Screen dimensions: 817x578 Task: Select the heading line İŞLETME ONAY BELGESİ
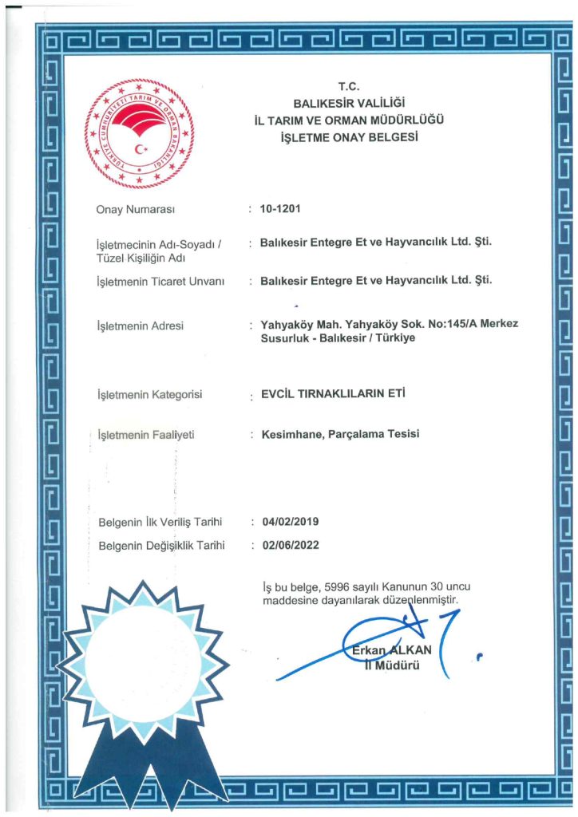[350, 137]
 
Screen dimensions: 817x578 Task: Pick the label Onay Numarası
[135, 210]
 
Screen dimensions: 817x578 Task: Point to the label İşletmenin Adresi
[140, 326]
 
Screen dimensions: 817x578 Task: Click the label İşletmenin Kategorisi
[149, 395]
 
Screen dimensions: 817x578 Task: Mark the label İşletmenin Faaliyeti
[145, 435]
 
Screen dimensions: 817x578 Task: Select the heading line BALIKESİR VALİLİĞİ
[350, 103]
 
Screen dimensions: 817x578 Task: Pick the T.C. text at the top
[350, 86]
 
